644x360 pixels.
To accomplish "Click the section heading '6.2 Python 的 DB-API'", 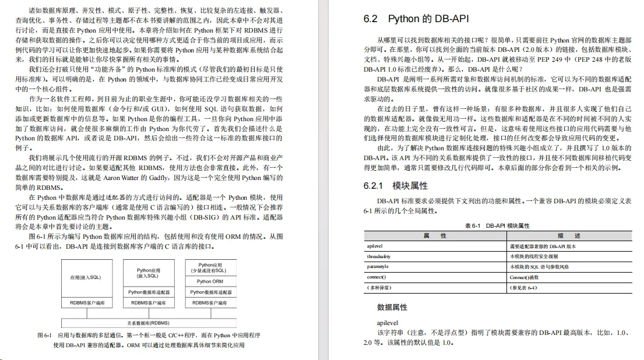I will tap(416, 19).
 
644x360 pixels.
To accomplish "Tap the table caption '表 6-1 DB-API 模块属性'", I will tap(497, 225).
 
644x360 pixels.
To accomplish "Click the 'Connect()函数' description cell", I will tap(525, 277).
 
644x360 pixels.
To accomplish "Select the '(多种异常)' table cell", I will tap(379, 287).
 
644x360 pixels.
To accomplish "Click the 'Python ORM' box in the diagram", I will tap(210, 281).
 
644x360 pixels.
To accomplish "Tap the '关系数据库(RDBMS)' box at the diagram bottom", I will tap(148, 322).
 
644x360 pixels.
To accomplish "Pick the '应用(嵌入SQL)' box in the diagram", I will tap(86, 277).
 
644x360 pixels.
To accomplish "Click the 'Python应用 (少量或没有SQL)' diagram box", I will tap(210, 268).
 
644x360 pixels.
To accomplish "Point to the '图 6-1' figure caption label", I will tap(45, 336).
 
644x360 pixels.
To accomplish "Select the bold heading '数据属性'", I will tap(392, 307).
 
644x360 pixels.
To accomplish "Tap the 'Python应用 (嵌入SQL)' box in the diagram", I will tap(148, 273).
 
